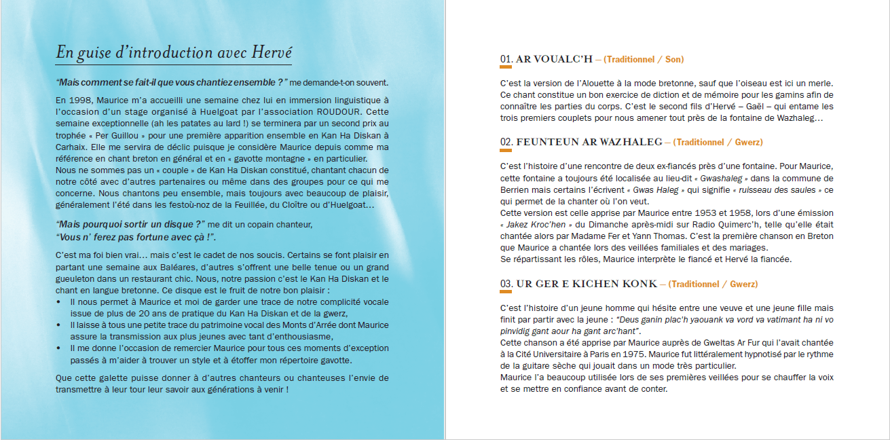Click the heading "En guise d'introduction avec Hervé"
174,52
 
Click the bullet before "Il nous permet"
60,300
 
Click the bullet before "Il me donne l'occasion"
60,348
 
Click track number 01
506,60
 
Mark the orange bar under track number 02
506,151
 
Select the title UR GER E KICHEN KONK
587,284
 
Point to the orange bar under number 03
506,293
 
